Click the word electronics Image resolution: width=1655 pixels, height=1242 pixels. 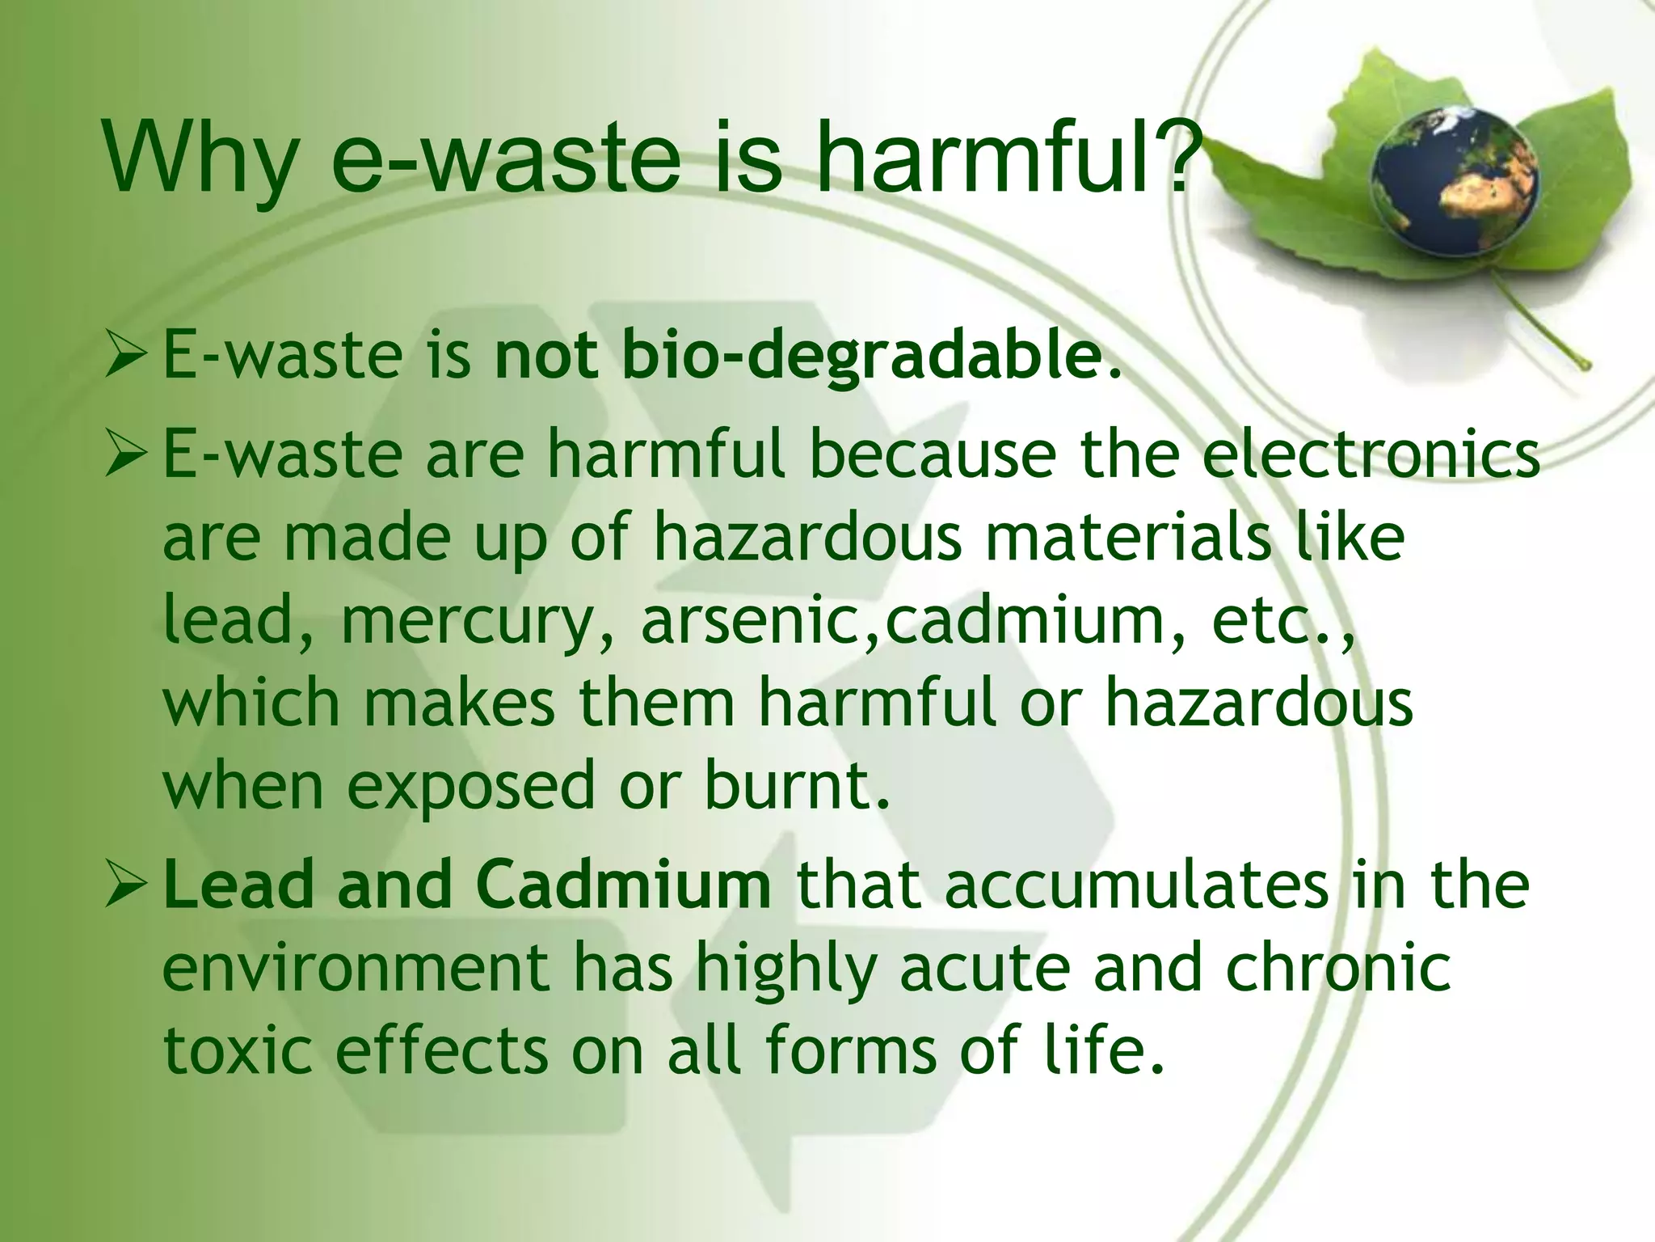point(1371,454)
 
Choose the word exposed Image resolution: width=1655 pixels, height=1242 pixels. point(471,787)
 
